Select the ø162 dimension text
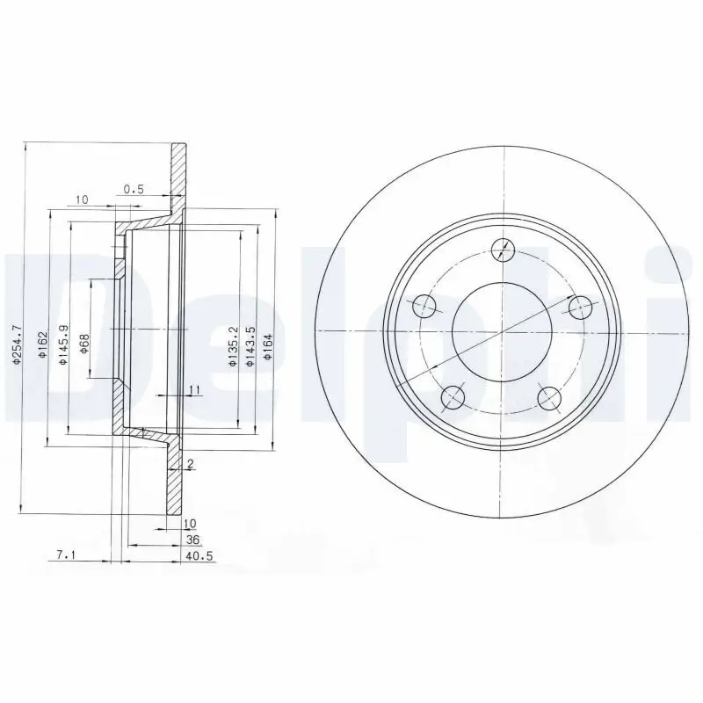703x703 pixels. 41,349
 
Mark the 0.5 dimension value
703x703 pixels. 134,188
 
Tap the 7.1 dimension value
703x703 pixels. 64,555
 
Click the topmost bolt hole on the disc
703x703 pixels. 502,250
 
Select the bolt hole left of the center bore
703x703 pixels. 424,306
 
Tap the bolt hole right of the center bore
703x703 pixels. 580,306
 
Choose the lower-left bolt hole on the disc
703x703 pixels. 453,397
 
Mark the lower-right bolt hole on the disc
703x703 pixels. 550,397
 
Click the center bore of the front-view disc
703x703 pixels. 502,331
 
